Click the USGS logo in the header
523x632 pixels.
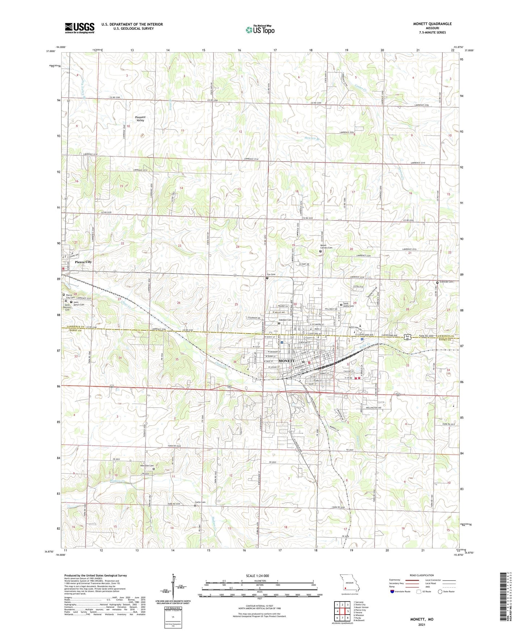click(x=79, y=28)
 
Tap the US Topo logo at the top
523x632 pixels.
click(x=260, y=30)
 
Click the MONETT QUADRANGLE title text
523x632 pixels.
click(x=432, y=24)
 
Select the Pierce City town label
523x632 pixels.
click(x=83, y=262)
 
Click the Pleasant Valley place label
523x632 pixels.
click(x=140, y=119)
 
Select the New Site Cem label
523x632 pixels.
click(x=147, y=465)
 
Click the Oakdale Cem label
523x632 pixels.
click(x=285, y=320)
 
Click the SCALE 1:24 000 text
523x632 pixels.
click(x=257, y=576)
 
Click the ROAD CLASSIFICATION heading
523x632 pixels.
click(x=422, y=575)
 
